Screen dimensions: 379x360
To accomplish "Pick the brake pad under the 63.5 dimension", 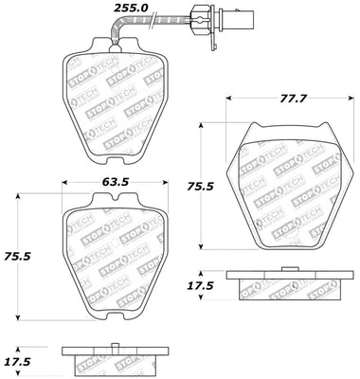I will (112, 256).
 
